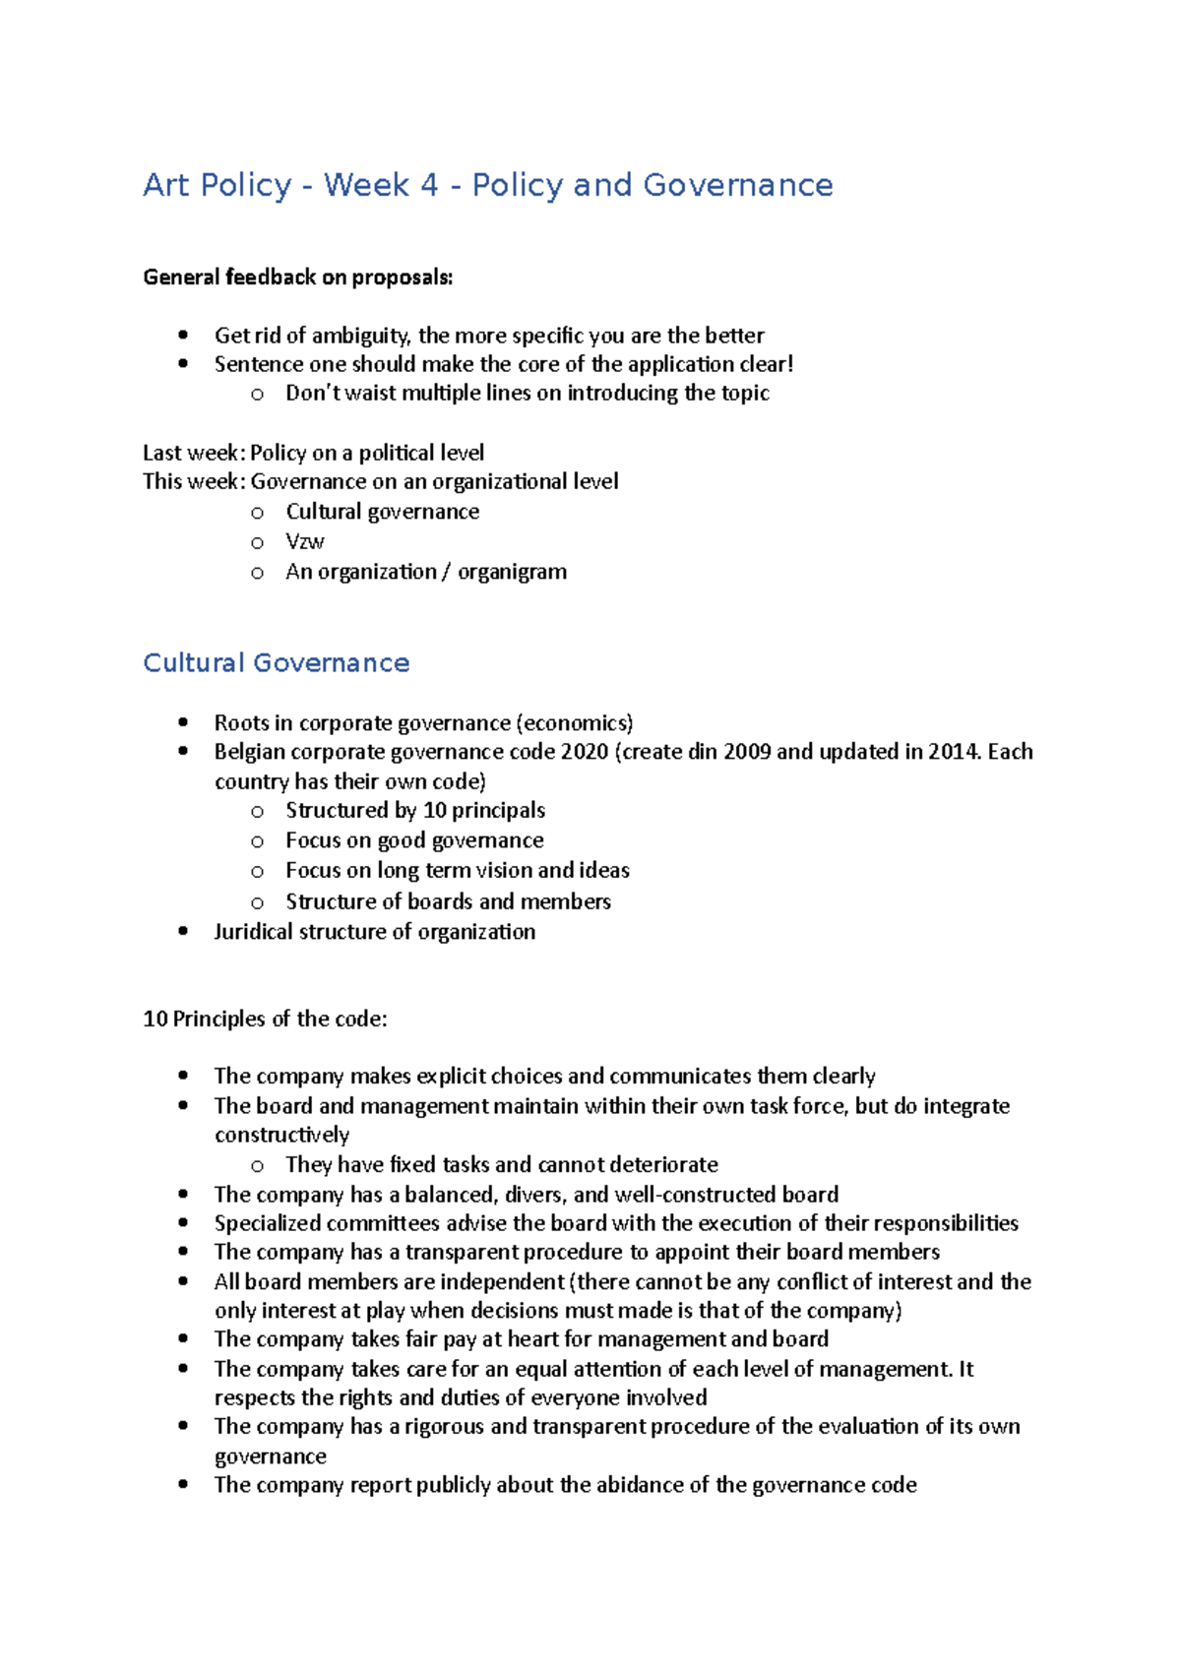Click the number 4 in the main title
point(428,185)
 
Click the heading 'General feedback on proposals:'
point(297,278)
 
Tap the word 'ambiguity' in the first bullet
point(360,336)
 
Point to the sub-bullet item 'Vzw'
point(305,541)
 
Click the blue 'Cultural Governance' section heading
point(276,663)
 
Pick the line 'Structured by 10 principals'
point(414,811)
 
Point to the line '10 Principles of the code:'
point(265,1020)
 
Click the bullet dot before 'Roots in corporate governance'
point(183,722)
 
